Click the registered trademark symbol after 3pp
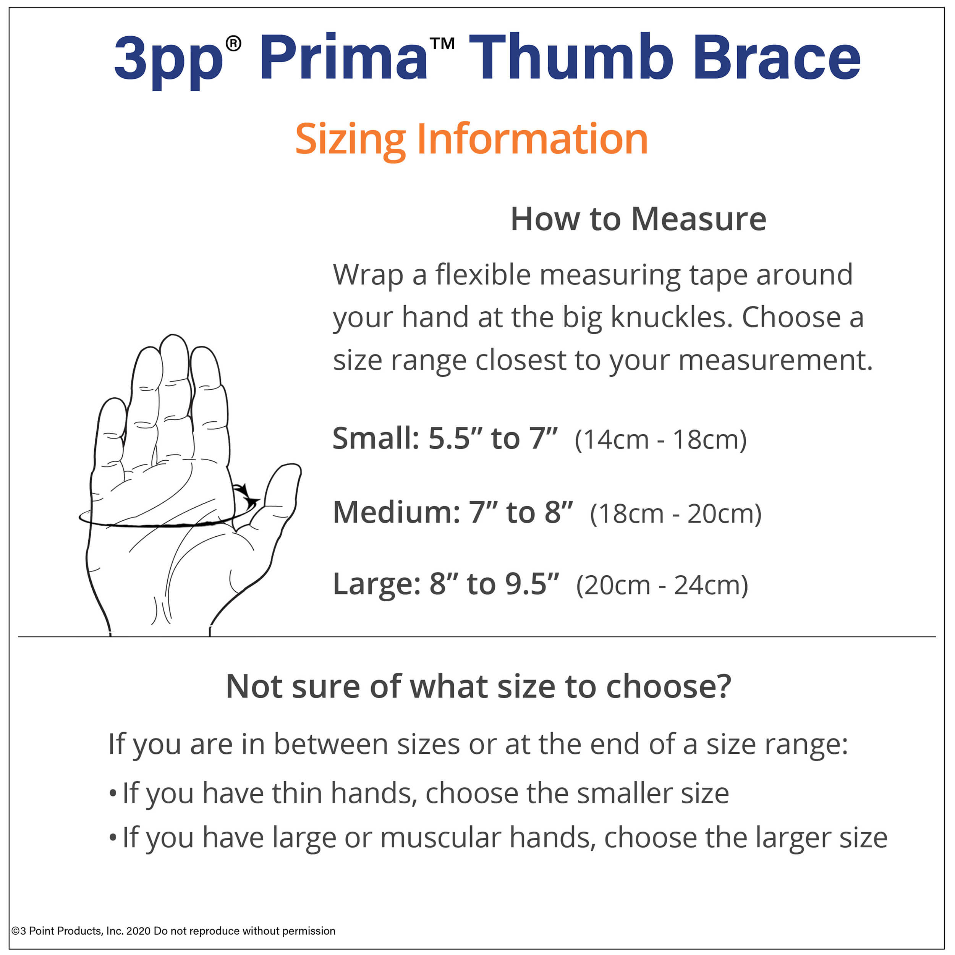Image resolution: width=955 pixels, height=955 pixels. [x=233, y=44]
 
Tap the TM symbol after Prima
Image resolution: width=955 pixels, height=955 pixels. [x=442, y=44]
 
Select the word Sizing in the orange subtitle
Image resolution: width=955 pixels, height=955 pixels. [x=350, y=140]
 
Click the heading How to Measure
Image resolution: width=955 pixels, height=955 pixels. [x=638, y=219]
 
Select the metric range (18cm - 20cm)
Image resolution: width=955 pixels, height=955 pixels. [x=676, y=513]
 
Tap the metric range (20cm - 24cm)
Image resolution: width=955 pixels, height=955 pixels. [x=662, y=586]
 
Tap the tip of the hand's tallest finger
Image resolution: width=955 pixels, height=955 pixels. [x=173, y=336]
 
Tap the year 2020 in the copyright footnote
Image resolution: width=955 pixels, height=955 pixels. [x=138, y=931]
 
